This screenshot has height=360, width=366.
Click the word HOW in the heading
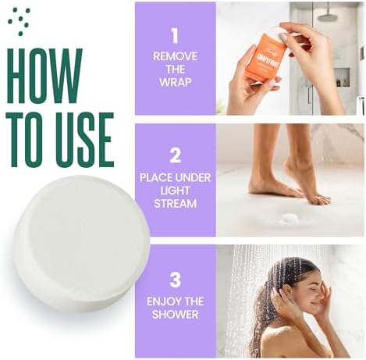pos(44,75)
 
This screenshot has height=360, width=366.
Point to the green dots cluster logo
pos(19,21)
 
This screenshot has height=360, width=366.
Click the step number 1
pos(175,35)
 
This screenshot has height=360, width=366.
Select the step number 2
pos(175,155)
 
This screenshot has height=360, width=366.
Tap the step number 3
pos(175,279)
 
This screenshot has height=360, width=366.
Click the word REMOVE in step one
pos(175,56)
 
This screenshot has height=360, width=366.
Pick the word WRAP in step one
pos(175,82)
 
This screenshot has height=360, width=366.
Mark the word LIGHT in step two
pos(175,190)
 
